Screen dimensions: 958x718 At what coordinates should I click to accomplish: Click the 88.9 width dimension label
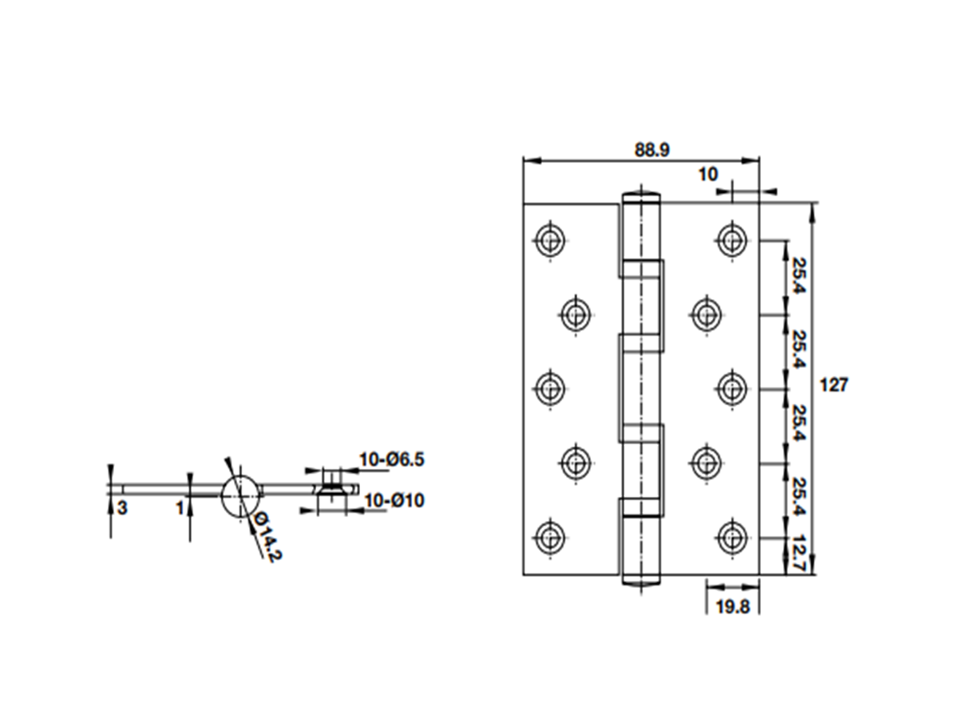coord(651,150)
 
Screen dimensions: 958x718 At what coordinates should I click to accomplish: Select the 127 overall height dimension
coord(833,385)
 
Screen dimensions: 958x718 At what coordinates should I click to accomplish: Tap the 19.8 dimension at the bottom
coord(733,607)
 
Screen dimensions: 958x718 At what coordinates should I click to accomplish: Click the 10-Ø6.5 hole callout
coord(391,460)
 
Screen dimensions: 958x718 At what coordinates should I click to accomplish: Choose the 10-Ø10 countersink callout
coord(394,500)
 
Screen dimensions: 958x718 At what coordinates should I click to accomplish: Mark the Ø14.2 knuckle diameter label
coord(267,536)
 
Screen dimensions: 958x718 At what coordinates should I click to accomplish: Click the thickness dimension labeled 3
coord(123,508)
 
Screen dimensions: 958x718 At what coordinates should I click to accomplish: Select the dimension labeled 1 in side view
coord(180,508)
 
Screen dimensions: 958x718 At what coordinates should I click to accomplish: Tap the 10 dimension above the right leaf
coord(708,175)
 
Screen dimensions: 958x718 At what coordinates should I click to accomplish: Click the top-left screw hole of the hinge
coord(550,240)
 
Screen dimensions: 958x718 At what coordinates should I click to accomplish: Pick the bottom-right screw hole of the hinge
coord(732,538)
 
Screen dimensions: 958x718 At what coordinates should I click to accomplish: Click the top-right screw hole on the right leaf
coord(732,240)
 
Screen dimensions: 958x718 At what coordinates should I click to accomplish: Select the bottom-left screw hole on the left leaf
coord(550,538)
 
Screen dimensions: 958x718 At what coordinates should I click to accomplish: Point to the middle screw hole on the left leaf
coord(550,389)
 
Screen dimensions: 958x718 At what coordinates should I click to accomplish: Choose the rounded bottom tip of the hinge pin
coord(641,582)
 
